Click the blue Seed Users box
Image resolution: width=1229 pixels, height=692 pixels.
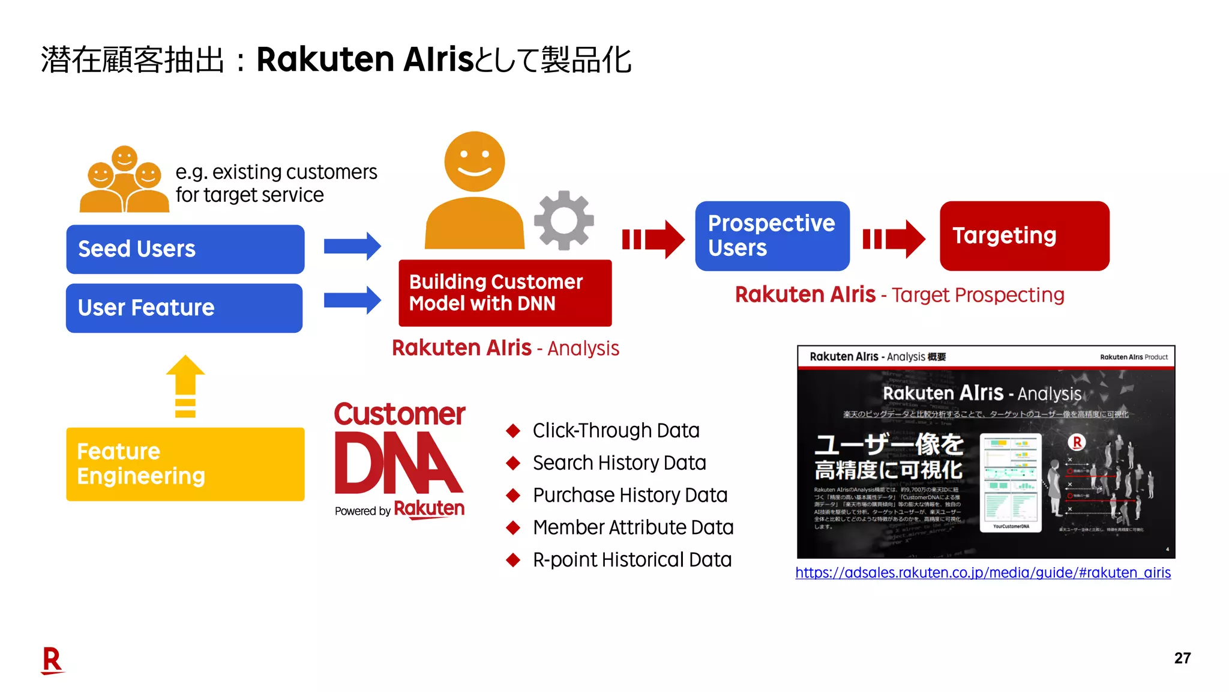click(185, 249)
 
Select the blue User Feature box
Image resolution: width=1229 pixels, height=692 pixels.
click(184, 308)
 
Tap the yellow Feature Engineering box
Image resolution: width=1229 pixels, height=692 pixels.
click(185, 464)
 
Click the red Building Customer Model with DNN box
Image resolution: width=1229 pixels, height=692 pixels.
click(505, 293)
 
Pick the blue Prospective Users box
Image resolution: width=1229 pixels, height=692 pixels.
click(772, 236)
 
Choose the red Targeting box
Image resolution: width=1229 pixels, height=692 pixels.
click(1024, 236)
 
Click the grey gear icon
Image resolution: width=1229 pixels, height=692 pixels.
click(563, 220)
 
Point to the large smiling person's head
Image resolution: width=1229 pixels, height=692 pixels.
click(474, 161)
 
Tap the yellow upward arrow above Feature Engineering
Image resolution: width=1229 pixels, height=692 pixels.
click(185, 384)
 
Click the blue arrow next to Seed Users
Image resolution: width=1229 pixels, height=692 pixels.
click(352, 246)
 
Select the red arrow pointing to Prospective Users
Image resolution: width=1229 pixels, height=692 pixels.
click(653, 239)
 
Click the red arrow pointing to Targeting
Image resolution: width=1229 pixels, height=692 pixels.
click(894, 239)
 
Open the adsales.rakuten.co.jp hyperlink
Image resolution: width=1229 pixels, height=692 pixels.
click(982, 572)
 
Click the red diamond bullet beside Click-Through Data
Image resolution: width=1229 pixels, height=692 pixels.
click(513, 431)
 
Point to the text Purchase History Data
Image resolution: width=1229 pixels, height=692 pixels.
click(630, 495)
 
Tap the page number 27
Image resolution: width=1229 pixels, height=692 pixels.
click(1182, 658)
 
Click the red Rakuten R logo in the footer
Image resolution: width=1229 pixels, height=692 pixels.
click(52, 660)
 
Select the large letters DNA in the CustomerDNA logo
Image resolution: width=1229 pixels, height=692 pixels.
click(397, 463)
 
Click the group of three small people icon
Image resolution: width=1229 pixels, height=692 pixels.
click(124, 180)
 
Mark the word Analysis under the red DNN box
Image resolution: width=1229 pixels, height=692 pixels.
click(583, 348)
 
